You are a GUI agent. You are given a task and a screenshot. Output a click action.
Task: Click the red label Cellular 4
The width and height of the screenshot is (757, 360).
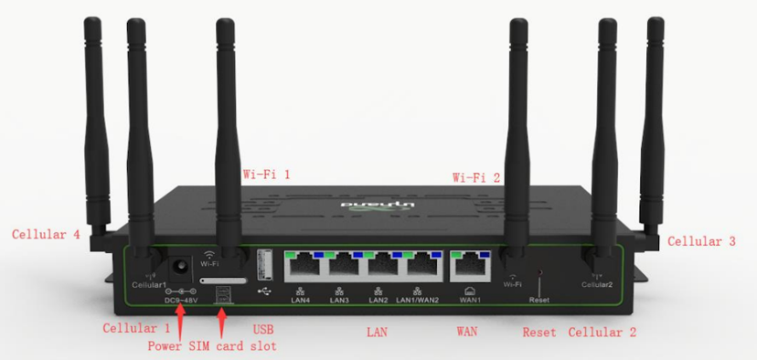point(46,235)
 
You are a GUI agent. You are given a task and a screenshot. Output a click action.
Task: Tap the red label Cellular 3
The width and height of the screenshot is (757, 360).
point(701,241)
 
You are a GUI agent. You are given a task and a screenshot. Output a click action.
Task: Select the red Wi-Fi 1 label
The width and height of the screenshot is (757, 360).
point(266,173)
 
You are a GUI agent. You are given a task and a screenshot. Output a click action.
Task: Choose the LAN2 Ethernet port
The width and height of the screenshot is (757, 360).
point(385,265)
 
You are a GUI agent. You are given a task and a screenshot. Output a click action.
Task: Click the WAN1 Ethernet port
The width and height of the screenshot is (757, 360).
point(470,265)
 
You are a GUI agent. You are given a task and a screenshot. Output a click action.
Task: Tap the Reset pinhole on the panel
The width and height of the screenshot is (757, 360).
point(538,272)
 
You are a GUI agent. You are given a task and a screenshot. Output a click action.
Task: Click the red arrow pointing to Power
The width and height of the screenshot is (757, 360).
point(180,319)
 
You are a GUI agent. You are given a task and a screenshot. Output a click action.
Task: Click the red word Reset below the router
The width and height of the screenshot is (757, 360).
point(539,333)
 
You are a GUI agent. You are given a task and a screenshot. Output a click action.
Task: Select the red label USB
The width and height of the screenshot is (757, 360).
point(262,329)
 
